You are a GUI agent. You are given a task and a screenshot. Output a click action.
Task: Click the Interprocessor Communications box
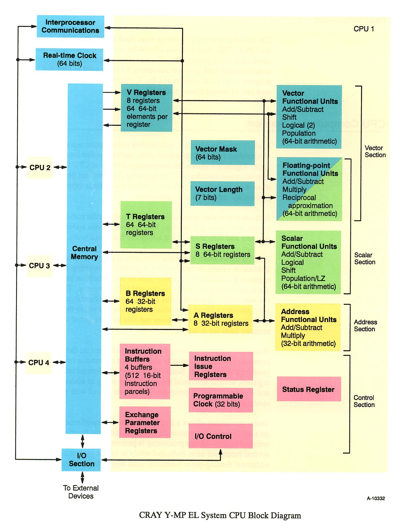[70, 26]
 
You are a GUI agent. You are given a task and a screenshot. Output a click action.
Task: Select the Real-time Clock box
[69, 59]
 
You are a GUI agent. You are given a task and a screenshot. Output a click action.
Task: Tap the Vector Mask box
[223, 153]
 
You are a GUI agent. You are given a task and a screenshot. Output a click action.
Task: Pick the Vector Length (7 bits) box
[222, 194]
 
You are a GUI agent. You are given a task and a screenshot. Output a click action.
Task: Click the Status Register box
[309, 389]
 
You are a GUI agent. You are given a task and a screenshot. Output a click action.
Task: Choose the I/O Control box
[220, 436]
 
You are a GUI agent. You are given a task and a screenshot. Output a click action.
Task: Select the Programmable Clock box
[221, 400]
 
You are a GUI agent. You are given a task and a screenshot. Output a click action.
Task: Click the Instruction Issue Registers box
[221, 366]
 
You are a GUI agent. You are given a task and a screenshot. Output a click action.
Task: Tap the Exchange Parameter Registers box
[145, 422]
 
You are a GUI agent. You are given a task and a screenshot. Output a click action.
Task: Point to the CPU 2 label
[40, 167]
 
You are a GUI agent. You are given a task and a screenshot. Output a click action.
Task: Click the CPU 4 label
[39, 362]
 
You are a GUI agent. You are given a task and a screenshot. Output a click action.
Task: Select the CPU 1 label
[364, 29]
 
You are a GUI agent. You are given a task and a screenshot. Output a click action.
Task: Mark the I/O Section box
[81, 460]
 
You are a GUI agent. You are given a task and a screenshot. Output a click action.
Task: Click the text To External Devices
[81, 492]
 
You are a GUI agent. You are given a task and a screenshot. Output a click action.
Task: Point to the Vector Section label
[375, 151]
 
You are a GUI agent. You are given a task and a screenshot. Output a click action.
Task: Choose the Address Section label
[365, 325]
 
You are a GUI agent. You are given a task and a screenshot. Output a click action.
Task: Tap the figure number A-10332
[376, 498]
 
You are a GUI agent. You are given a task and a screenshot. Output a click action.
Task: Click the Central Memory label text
[84, 253]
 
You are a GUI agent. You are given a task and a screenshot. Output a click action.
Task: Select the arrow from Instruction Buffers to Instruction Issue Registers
[179, 365]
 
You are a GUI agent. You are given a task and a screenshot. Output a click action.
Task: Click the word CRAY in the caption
[150, 515]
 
